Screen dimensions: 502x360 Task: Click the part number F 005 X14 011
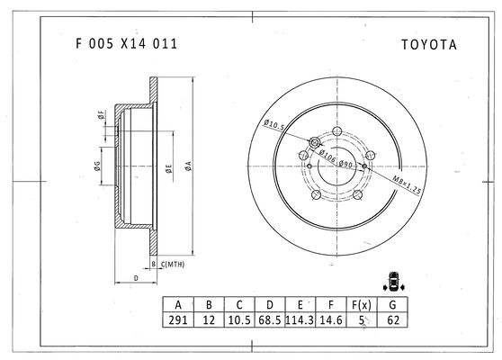coord(126,43)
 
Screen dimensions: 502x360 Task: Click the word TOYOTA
coord(429,45)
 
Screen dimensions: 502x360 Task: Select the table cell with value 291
coord(178,319)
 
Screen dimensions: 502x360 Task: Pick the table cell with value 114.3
coord(300,319)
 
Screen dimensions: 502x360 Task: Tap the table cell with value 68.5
coord(270,319)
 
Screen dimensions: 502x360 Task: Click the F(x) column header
coord(362,304)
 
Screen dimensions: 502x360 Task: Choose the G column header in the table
coord(392,304)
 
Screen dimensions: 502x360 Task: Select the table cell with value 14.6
coord(331,319)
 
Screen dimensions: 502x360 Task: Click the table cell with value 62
coord(392,319)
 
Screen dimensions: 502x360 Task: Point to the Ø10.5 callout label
coord(273,124)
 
